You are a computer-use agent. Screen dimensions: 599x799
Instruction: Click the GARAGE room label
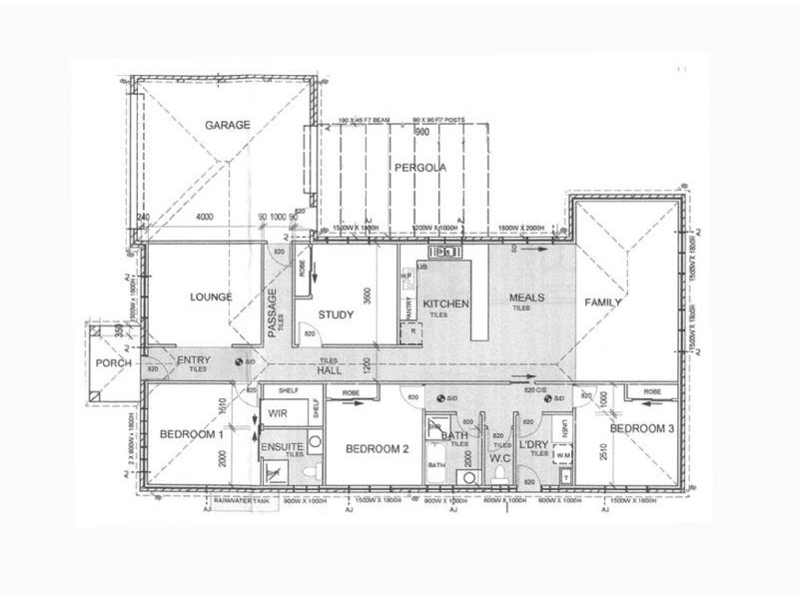[227, 126]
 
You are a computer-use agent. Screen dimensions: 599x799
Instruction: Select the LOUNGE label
[209, 297]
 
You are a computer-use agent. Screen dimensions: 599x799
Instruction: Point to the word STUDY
[336, 315]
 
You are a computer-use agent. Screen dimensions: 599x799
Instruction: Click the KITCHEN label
[440, 303]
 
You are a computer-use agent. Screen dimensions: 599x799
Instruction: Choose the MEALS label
[525, 298]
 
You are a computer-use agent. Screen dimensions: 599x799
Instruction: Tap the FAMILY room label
[603, 302]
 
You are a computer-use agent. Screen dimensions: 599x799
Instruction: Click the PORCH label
[114, 362]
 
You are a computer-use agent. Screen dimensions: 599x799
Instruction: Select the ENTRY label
[192, 359]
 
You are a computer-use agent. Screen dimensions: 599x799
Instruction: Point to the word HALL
[329, 369]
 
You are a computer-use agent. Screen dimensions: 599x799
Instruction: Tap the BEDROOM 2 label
[378, 448]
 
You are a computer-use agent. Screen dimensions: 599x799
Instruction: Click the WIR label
[279, 413]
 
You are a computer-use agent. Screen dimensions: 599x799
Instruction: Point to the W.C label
[499, 458]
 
